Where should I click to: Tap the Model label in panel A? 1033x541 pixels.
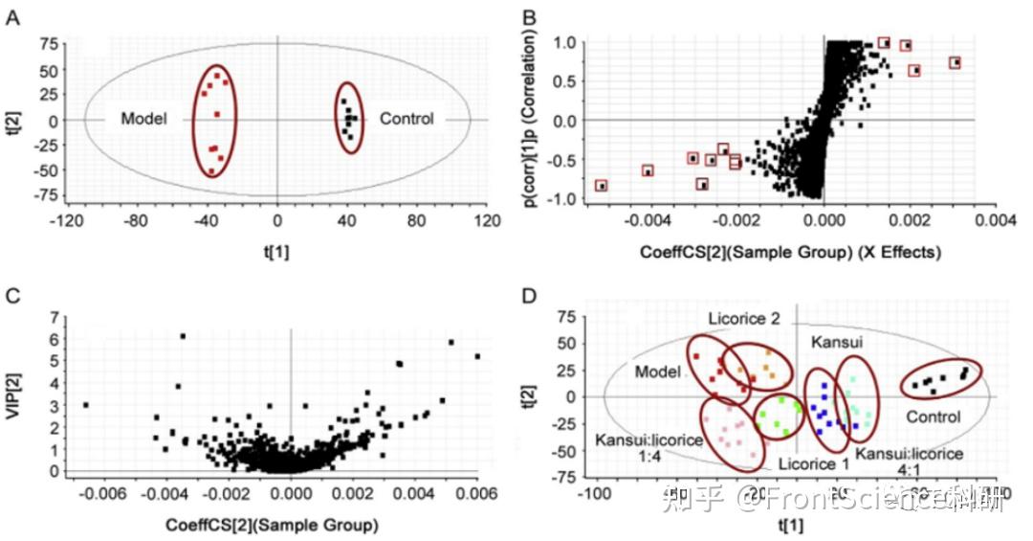click(x=144, y=119)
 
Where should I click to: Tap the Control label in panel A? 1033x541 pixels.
click(x=407, y=119)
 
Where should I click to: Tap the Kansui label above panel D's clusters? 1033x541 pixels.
click(x=838, y=341)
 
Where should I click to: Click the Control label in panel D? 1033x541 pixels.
click(x=933, y=417)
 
